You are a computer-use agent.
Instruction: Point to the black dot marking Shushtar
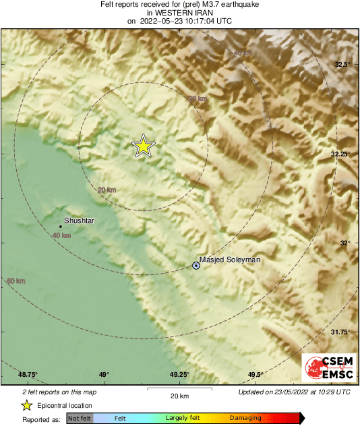click(61, 226)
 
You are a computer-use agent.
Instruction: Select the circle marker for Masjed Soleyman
click(196, 266)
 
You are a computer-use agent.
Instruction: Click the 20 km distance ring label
click(107, 190)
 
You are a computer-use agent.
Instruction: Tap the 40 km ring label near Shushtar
click(61, 235)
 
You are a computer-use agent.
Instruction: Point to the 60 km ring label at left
click(16, 280)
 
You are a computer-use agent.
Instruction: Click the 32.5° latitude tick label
click(344, 65)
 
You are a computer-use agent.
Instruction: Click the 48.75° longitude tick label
click(28, 375)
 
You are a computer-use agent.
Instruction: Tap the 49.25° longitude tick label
click(179, 375)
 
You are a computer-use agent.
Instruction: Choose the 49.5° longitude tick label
click(255, 375)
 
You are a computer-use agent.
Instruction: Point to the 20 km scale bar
click(179, 389)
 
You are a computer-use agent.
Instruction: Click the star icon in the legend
click(26, 405)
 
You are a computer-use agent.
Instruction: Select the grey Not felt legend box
click(80, 419)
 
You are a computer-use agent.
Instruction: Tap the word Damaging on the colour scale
click(245, 419)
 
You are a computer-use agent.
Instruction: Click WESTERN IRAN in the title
click(179, 12)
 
